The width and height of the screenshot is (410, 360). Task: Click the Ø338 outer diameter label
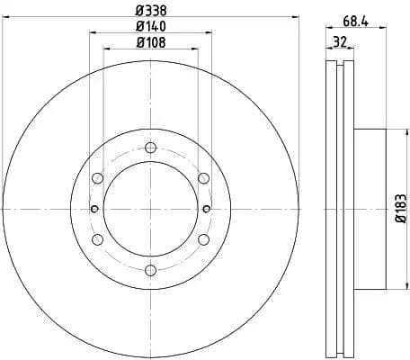(150, 11)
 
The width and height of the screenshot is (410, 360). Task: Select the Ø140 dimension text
(150, 26)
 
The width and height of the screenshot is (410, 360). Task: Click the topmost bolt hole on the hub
(150, 148)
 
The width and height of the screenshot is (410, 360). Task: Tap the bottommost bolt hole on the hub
(150, 270)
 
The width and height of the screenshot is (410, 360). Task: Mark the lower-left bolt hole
(97, 239)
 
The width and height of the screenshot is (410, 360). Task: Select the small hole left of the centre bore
(94, 209)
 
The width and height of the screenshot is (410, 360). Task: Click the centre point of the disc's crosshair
(150, 209)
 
